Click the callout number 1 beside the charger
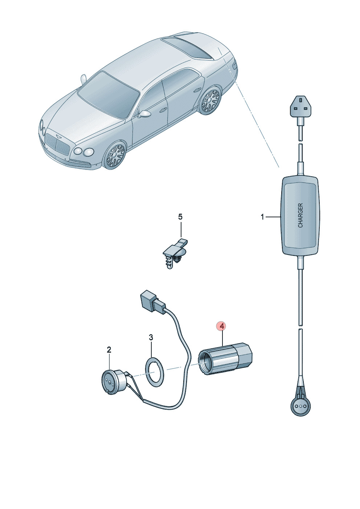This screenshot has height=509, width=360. click(x=262, y=217)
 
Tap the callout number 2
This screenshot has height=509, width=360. click(x=109, y=350)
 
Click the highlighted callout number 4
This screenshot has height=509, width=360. click(x=222, y=326)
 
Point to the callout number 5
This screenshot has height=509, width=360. click(x=180, y=217)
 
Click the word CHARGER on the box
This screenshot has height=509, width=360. click(x=300, y=215)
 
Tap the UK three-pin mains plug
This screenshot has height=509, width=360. click(x=300, y=107)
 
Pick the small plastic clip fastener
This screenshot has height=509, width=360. click(x=175, y=253)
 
